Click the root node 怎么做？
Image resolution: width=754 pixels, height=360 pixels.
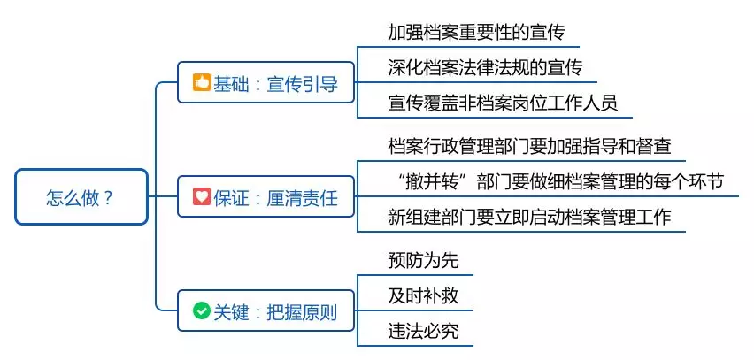tap(81, 196)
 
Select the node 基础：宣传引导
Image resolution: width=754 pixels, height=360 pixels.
tap(265, 84)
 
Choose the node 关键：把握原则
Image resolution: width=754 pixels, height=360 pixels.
tap(265, 311)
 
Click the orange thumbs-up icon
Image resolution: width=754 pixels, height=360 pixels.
tap(202, 84)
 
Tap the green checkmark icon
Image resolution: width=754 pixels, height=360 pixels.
tap(202, 311)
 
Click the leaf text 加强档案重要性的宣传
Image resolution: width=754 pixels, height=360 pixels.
tap(476, 33)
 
